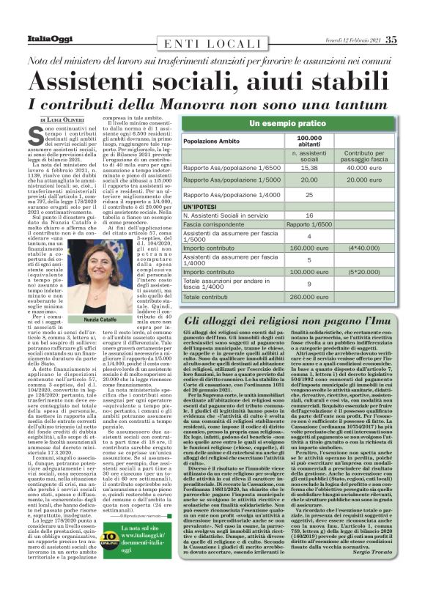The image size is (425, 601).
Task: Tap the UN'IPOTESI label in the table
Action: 203,208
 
